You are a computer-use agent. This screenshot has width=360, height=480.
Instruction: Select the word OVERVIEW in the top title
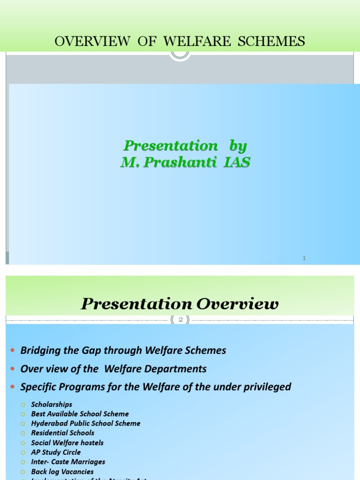click(92, 42)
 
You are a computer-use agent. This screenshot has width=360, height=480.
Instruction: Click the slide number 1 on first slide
click(304, 258)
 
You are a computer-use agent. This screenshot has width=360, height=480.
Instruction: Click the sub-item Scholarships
click(52, 404)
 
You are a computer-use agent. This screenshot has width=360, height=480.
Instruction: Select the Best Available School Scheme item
click(80, 414)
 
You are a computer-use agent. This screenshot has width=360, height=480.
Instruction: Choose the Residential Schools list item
click(63, 433)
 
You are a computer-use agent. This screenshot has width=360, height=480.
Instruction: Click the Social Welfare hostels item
click(67, 442)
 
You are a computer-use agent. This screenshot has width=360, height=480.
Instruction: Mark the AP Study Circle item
click(56, 452)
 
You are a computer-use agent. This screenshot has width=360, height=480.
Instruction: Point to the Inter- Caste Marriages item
click(68, 462)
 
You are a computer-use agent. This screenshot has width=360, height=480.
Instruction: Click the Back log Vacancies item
click(62, 472)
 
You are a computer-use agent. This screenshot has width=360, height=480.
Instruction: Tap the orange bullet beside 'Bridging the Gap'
click(12, 351)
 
